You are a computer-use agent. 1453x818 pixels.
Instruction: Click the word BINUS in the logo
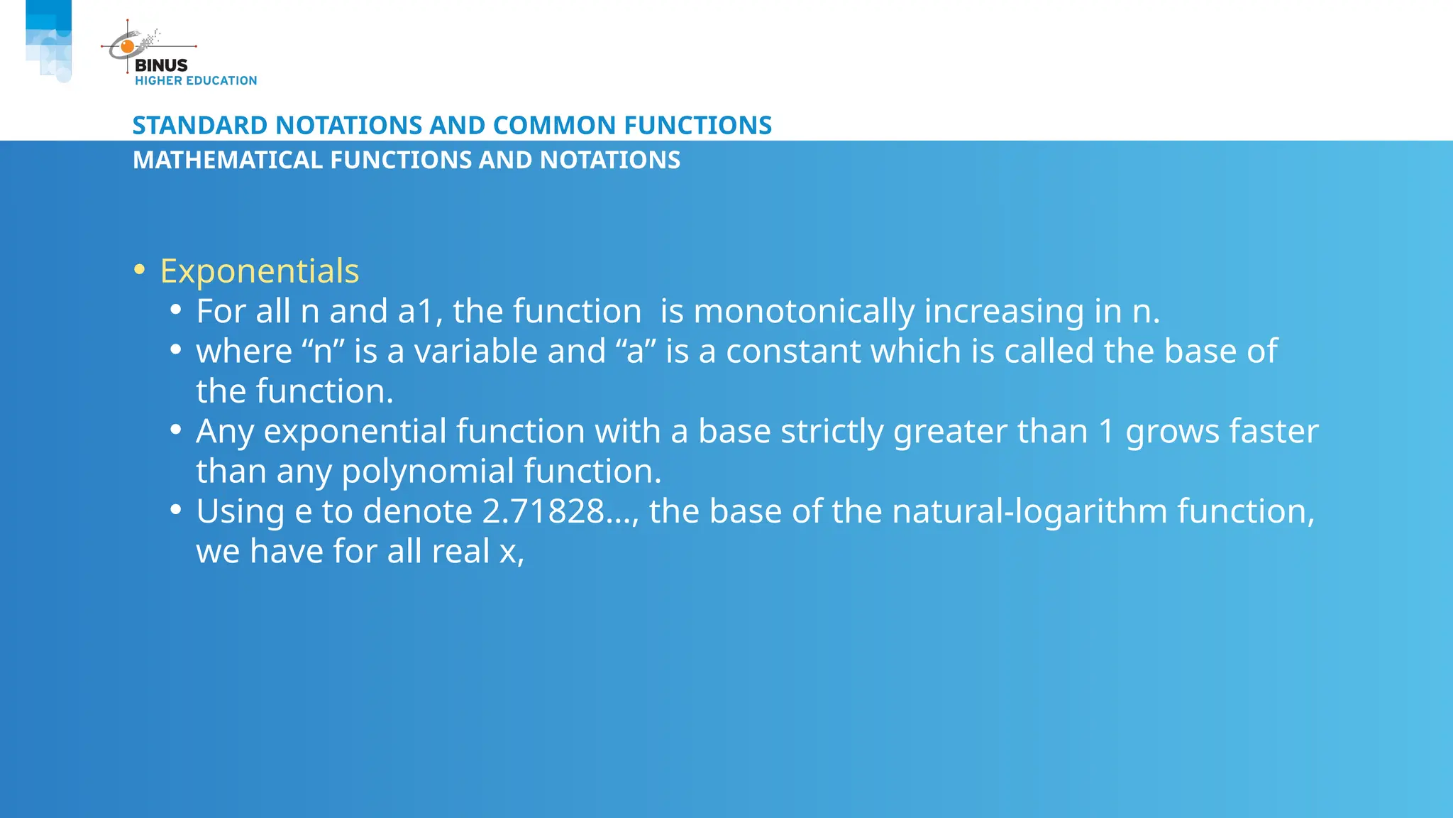(x=161, y=65)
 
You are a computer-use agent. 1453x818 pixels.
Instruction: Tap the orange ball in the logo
(x=128, y=47)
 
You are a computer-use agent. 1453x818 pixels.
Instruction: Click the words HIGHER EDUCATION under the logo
(x=196, y=81)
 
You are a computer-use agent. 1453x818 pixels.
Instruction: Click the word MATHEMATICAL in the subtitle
(x=228, y=160)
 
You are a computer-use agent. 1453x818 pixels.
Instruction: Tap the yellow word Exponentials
(x=260, y=271)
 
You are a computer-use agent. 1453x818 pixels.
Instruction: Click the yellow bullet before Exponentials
(x=140, y=270)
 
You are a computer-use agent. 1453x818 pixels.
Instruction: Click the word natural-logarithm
(x=1029, y=511)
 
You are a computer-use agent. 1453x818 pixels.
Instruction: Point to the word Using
(x=241, y=511)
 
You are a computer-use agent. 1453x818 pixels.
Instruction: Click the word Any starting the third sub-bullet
(x=225, y=432)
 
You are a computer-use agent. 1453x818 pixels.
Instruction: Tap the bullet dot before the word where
(x=176, y=350)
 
